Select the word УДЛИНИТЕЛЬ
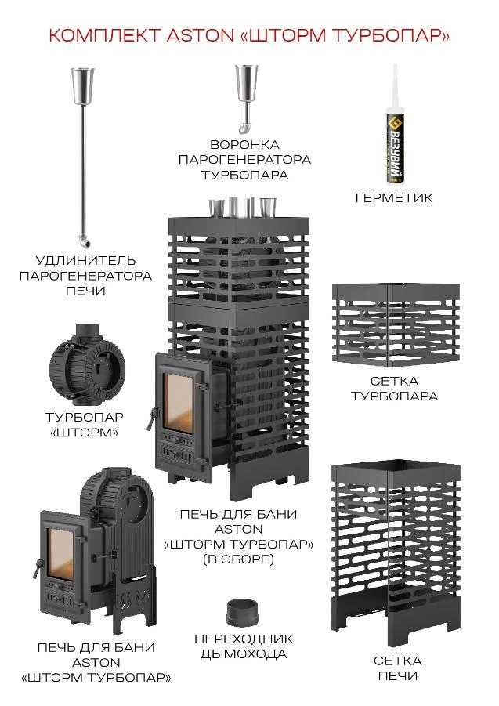point(85,260)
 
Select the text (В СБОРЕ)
point(237,559)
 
